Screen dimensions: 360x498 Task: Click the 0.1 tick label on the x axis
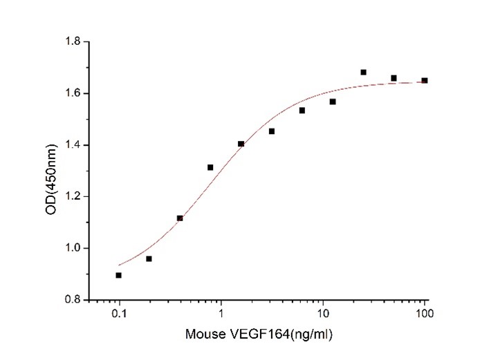[119, 314]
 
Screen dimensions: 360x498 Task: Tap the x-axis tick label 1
[221, 314]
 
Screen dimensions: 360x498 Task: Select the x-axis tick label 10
[322, 314]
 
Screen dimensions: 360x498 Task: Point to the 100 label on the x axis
[424, 314]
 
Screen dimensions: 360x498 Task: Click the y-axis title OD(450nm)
[50, 171]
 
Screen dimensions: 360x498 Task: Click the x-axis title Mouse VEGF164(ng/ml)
[259, 335]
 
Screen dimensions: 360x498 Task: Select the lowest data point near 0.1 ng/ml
[119, 275]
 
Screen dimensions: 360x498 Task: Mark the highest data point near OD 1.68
[363, 72]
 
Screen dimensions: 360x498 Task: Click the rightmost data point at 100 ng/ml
[425, 80]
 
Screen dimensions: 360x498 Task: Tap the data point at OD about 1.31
[210, 167]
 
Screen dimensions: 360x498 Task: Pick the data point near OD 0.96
[149, 258]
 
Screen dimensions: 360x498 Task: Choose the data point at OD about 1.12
[180, 218]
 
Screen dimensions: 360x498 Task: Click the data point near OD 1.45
[272, 131]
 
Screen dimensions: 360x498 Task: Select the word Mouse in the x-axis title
[203, 335]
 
